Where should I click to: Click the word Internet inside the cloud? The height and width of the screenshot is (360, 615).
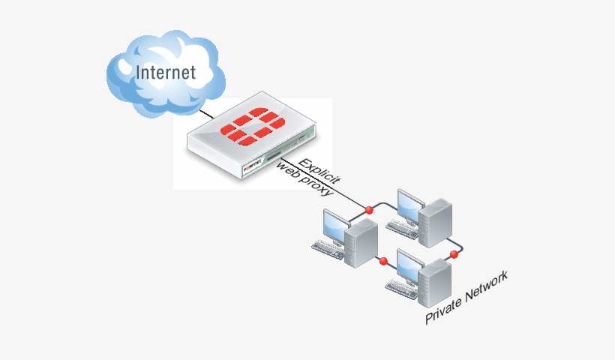coord(165,73)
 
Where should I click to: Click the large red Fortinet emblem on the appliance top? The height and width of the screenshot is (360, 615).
coord(253,126)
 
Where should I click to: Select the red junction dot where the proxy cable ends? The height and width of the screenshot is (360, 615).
coord(368,208)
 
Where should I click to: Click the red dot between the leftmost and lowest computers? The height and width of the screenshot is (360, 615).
coord(383,261)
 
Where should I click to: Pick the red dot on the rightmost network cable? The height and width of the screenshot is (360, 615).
coord(454,255)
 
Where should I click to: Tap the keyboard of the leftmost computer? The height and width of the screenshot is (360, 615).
coord(328,248)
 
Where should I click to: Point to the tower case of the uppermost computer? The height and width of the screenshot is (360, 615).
coord(435,220)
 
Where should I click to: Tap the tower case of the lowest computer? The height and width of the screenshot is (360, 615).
coord(434,283)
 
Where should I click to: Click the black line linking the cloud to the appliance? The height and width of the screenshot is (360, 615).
coord(205,115)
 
